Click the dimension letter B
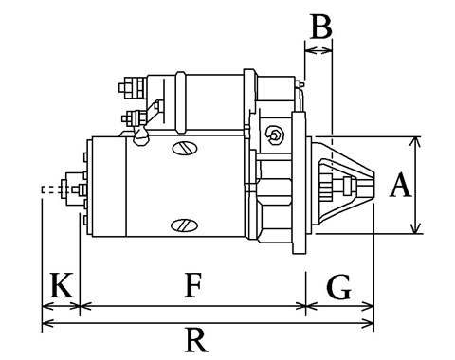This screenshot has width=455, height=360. (x=321, y=27)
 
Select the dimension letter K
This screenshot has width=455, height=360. (x=62, y=285)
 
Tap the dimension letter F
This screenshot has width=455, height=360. (x=192, y=285)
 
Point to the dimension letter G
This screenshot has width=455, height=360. (x=338, y=287)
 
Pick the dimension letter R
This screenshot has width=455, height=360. (x=196, y=340)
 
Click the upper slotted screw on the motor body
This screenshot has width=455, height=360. (x=185, y=148)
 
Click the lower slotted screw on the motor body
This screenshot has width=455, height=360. (x=185, y=225)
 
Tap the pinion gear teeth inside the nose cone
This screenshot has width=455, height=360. (x=326, y=187)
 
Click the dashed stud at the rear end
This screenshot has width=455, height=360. (x=50, y=189)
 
